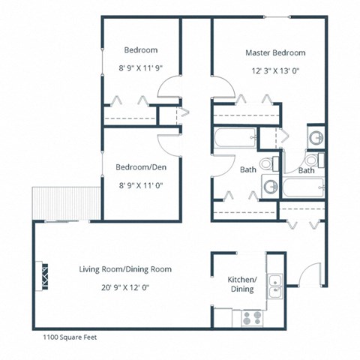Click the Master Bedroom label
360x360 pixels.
(275, 53)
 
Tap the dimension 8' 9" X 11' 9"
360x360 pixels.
(140, 67)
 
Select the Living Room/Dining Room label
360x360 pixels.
(125, 269)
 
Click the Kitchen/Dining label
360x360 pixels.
(241, 284)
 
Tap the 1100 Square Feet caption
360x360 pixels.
(65, 337)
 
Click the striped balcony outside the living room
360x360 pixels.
(66, 204)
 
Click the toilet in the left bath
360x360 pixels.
(265, 165)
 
